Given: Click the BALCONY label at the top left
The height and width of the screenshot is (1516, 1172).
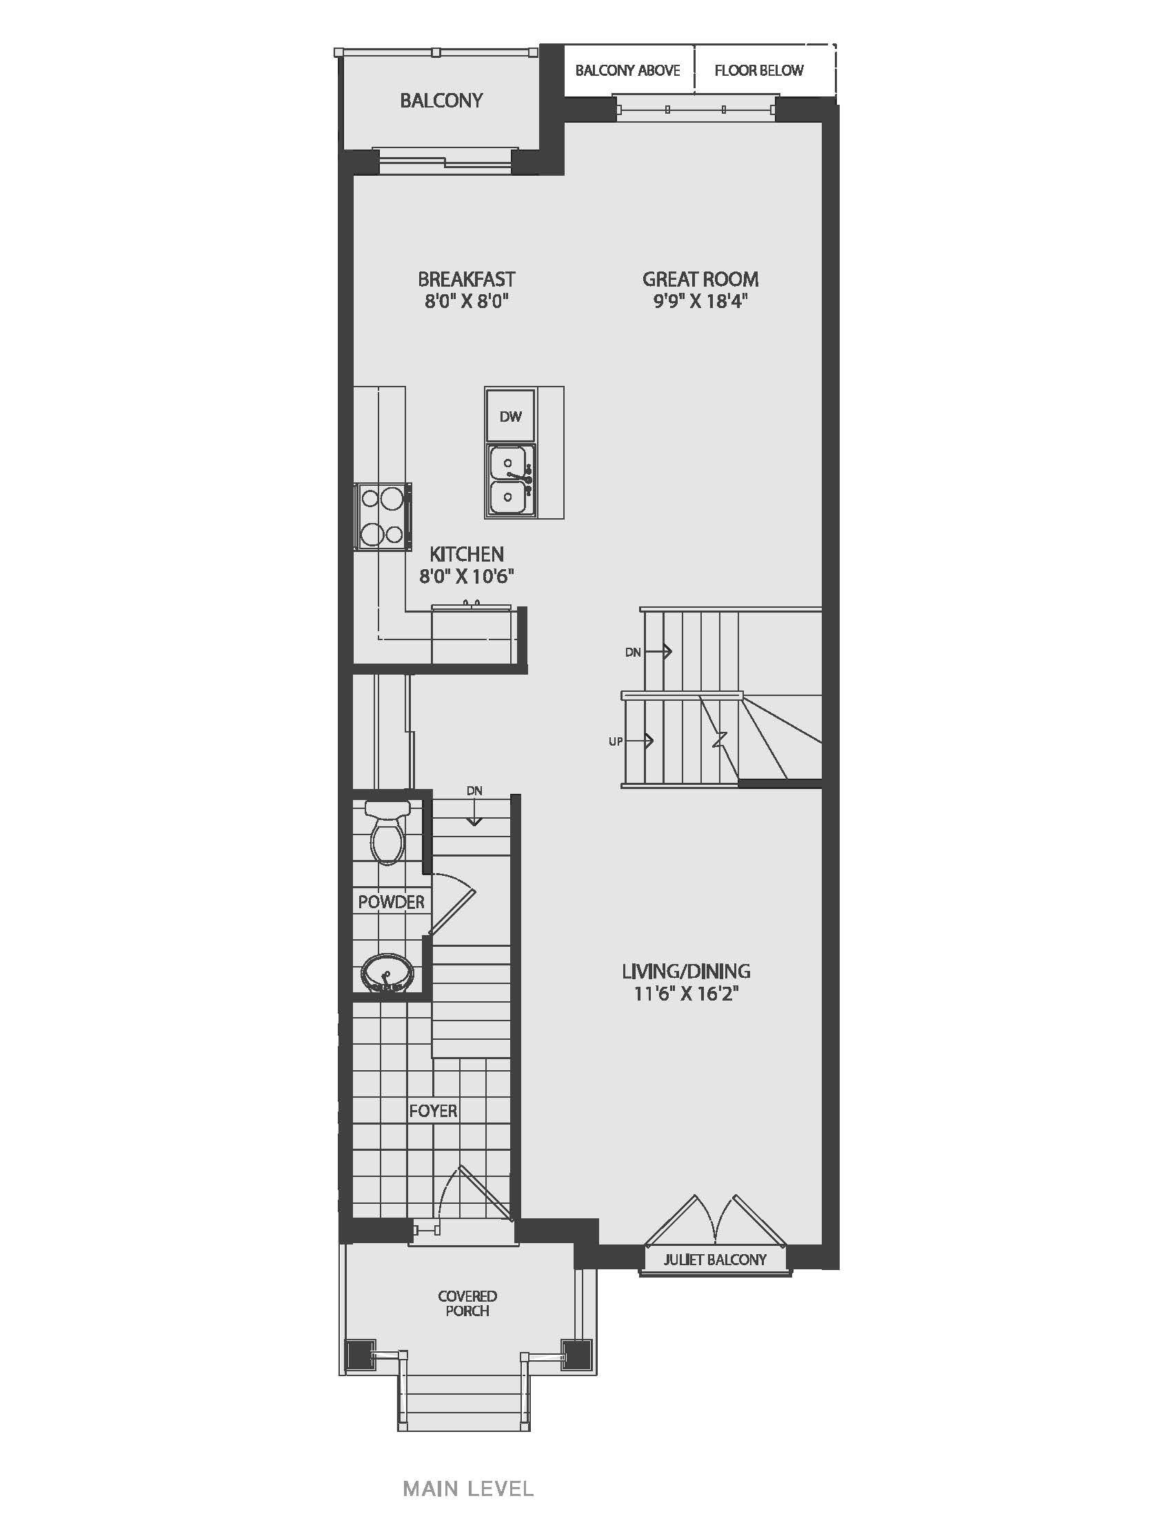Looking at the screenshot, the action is pos(441,101).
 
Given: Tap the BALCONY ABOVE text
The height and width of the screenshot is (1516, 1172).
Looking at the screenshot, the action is pos(627,70).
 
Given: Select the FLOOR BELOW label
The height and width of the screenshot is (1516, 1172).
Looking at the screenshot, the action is pos(759,70).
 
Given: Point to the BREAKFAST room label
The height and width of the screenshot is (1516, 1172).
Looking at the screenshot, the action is pos(467,279).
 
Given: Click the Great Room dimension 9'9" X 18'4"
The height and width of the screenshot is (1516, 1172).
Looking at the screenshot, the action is pos(700,301).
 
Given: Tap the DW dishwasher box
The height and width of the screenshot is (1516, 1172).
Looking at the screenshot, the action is pos(511,416).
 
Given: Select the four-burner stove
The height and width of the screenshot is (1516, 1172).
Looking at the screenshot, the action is pos(383,517).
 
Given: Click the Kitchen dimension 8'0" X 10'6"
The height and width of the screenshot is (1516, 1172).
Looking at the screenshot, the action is pos(467,576).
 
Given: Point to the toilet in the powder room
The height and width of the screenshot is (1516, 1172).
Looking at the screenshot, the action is pos(387,832).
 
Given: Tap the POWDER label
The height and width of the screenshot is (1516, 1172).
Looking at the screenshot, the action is pos(391,902).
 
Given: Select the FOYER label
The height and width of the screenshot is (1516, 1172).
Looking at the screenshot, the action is pos(433,1111).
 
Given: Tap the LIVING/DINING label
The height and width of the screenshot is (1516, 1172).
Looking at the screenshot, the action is pos(686,971).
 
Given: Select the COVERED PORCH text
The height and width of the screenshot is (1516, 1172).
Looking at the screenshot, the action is pos(467,1303).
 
